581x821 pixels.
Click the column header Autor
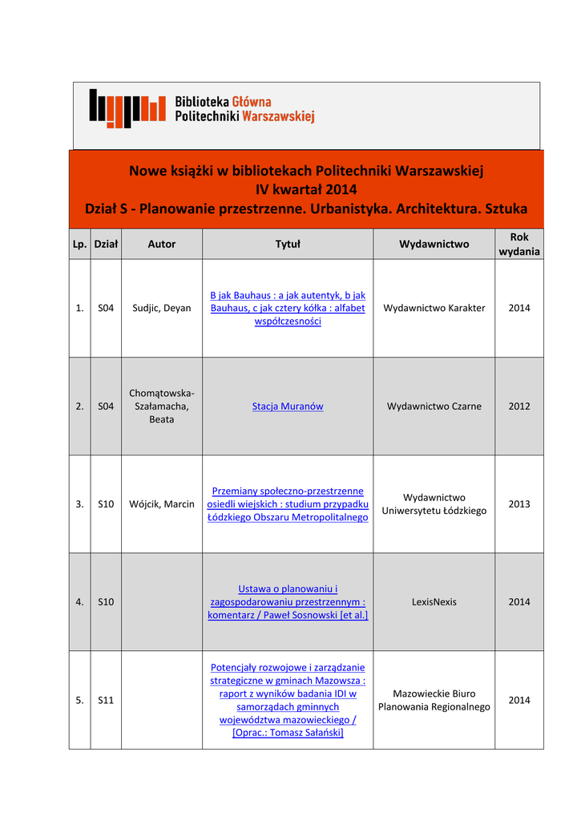coord(161,244)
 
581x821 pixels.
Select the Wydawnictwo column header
coord(434,244)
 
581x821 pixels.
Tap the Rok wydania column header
coord(519,244)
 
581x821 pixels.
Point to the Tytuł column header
coord(288,244)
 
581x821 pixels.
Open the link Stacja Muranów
coord(288,406)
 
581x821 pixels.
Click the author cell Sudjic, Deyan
coord(161,308)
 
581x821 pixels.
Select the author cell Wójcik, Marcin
coord(161,504)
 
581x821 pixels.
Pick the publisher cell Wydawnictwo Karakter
coord(434,308)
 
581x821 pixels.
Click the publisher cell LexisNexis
coord(434,602)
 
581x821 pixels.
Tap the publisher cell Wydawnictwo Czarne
coord(434,406)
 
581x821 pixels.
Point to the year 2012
coord(519,406)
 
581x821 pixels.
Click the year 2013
coord(519,504)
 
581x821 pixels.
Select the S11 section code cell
coord(106,700)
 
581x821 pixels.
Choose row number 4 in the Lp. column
coord(79,602)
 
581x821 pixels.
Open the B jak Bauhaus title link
coord(288,308)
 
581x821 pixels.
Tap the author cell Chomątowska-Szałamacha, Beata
coord(161,406)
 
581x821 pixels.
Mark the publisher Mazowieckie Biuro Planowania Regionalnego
coord(434,700)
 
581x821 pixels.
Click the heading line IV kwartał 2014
coord(306,190)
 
